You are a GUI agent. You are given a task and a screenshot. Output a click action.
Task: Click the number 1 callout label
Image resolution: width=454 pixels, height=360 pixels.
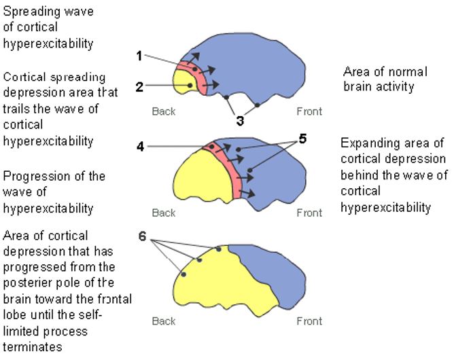[x=139, y=56]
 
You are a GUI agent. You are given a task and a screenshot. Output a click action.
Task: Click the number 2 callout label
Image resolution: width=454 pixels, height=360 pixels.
[x=139, y=86]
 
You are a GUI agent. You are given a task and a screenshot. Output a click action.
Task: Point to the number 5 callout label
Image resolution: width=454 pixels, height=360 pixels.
[x=302, y=139]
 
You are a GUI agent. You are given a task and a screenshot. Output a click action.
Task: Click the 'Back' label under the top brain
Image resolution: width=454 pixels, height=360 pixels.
[x=164, y=111]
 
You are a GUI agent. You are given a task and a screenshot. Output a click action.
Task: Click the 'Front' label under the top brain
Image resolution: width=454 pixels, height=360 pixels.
[x=309, y=111]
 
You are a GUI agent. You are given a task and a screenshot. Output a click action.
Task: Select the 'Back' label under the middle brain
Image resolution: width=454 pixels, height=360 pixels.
[x=164, y=213]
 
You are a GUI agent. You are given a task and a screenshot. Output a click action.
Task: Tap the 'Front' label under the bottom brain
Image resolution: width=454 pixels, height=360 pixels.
[x=309, y=321]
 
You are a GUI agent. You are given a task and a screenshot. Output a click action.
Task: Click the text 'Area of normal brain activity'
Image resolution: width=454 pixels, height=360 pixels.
[x=379, y=78]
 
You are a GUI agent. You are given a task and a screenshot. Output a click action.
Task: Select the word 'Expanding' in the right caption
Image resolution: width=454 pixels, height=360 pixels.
[x=367, y=143]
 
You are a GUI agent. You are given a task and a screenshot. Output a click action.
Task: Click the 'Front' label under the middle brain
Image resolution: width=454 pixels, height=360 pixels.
[x=309, y=213]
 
